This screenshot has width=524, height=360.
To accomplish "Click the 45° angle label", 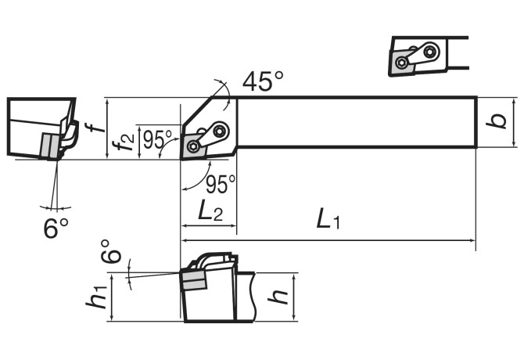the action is pos(263,81).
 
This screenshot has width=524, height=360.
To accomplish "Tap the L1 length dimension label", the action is pos(328,219).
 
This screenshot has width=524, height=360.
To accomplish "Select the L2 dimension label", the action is pos(210,211).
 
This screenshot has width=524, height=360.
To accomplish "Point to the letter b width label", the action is pos(497,121).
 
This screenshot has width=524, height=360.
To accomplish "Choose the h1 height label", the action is pos(96,297).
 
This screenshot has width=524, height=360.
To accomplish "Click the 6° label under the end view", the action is pos(56,228).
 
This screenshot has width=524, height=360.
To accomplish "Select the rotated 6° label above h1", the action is pos(110,251).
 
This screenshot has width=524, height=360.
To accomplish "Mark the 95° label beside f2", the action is pos(157,140).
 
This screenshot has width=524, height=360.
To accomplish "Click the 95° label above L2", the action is pos(221,184).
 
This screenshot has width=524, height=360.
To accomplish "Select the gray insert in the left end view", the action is pos(50,146).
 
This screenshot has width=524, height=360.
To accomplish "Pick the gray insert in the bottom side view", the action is pos(195,280).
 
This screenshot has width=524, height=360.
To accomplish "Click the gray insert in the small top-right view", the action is pos(403,63).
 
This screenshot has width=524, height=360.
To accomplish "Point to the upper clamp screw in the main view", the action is pos(220,131).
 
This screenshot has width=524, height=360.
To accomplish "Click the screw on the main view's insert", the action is pos(193,146).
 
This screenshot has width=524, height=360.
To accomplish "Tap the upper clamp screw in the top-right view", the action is pos(429,52).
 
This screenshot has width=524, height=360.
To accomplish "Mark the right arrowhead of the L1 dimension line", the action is pos(472,240).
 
